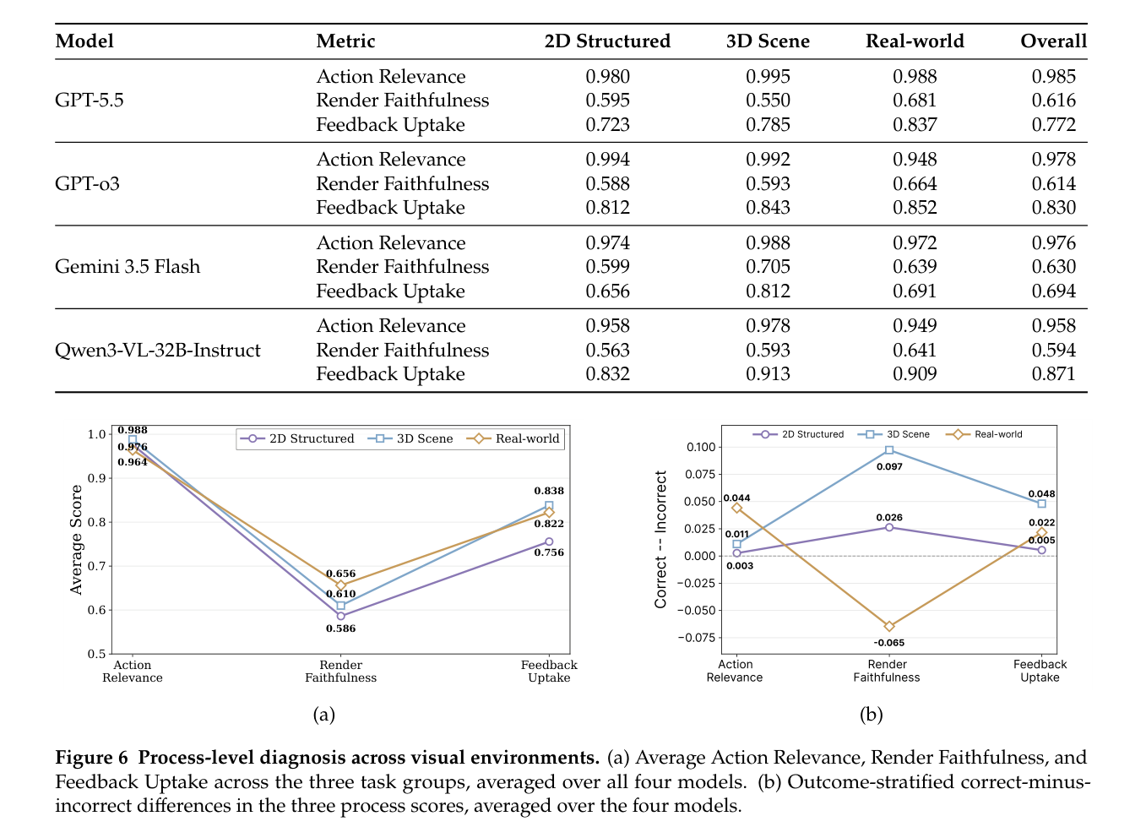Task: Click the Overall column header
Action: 1053,41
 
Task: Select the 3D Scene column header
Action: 768,41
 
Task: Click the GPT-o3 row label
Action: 87,183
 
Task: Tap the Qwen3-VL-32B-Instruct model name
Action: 158,350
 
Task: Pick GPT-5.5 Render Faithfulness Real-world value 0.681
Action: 915,101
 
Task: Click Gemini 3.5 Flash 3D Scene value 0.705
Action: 768,267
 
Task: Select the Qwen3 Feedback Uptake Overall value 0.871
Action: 1053,374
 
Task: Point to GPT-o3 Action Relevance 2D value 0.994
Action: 607,159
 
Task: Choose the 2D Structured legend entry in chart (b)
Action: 798,434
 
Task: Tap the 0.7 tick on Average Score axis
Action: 96,566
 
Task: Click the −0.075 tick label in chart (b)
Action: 695,637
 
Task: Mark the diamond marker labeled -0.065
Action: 889,626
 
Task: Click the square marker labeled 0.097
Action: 889,450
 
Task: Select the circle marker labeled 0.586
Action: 340,616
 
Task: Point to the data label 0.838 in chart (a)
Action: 549,491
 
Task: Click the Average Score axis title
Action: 76,540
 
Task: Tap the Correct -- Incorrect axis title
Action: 660,540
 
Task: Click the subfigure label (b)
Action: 872,715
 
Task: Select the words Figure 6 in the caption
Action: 91,758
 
